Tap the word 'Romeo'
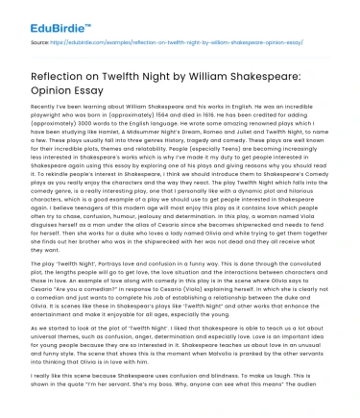tap(221, 135)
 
